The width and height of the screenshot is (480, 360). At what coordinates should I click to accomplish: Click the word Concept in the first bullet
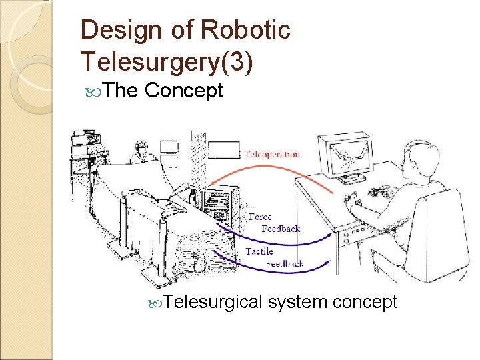point(183,90)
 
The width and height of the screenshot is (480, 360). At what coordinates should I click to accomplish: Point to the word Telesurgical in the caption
point(213,302)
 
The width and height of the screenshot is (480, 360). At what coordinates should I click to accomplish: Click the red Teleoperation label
point(272,154)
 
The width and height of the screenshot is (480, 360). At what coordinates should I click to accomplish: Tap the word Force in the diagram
point(260,217)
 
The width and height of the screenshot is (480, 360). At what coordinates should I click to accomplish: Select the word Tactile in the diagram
point(259,251)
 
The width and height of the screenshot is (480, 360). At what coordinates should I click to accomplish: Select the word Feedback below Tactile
point(285,264)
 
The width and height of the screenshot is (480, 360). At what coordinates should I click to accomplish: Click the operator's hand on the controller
point(351,200)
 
